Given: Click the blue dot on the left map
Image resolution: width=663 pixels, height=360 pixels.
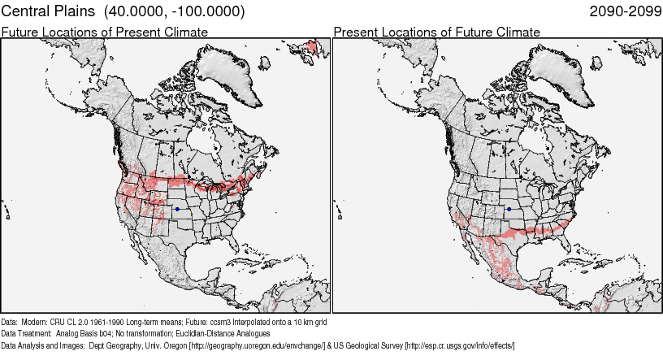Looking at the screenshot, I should tap(176, 209).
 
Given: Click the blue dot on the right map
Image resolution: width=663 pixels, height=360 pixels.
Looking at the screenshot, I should tap(509, 209).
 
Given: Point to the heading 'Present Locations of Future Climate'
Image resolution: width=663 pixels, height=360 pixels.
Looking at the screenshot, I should tap(436, 32).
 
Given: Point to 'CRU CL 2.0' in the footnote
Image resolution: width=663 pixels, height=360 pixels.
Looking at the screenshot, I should tap(72, 321).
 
